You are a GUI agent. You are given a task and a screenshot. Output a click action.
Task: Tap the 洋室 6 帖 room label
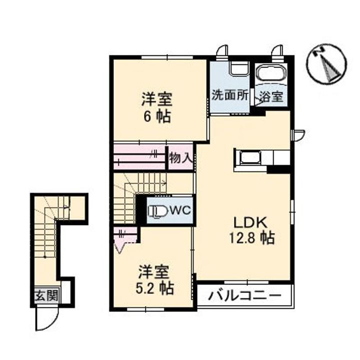point(156,107)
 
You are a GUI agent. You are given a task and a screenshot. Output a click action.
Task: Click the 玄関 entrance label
point(45,295)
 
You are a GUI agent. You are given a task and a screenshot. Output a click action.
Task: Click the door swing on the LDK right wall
point(298,133)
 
